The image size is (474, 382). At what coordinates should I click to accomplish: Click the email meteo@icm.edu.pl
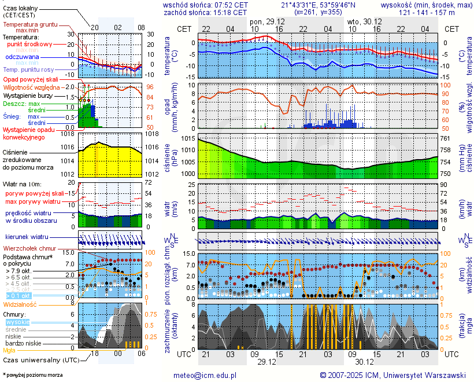pos(205,375)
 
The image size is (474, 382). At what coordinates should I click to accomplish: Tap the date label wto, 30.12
pos(362,21)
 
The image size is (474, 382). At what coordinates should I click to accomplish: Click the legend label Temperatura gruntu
pos(30,25)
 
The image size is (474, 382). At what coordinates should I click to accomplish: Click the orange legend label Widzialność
pos(20,304)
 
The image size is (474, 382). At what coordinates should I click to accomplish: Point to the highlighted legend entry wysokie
pos(17,322)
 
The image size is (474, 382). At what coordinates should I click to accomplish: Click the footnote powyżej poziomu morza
pos(33,375)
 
